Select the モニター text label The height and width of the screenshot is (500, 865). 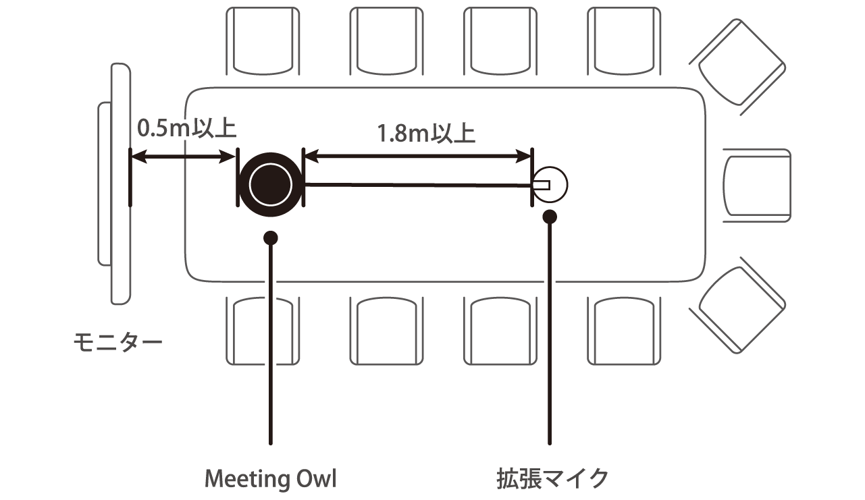tap(117, 342)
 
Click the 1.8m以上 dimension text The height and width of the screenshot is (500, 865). tap(426, 134)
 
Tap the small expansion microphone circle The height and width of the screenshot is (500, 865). tap(550, 184)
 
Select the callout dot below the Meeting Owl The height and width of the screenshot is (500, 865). tap(271, 238)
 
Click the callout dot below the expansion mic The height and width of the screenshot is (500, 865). tap(550, 217)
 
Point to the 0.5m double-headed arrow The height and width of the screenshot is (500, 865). tap(183, 158)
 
